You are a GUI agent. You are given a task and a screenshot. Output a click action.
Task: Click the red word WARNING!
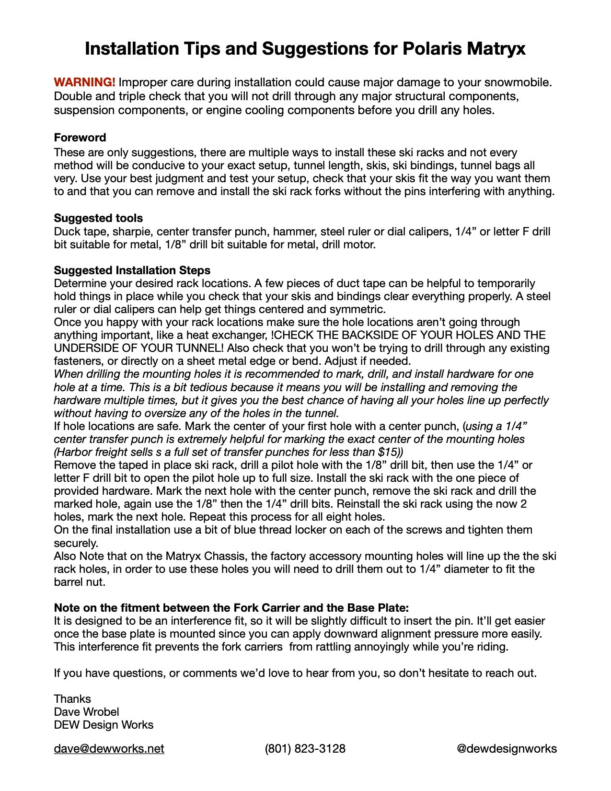coord(84,82)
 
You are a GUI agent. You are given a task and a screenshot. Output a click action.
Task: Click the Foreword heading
coord(80,138)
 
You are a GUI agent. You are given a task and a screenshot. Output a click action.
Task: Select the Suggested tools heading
coord(98,218)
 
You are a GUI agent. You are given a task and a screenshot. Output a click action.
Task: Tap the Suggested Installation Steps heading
coord(132,270)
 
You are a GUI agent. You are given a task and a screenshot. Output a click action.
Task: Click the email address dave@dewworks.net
coord(109,749)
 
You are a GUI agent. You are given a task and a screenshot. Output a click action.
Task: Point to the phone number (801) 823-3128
coord(305,749)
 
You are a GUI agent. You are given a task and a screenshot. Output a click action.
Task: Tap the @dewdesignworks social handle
coord(507,749)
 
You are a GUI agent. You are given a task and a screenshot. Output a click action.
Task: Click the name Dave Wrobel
coord(86,712)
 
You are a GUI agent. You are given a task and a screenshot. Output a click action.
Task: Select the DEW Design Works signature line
coord(104,725)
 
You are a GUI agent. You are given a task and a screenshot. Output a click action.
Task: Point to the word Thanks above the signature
coord(72,699)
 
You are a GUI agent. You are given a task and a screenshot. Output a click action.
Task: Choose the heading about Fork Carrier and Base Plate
coord(231,608)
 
